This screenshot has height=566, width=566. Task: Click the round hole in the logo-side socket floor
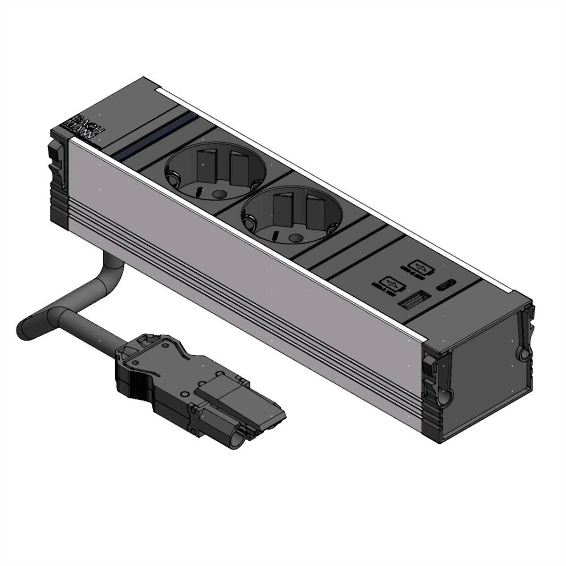218,193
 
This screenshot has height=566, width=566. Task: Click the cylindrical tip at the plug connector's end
235,434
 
